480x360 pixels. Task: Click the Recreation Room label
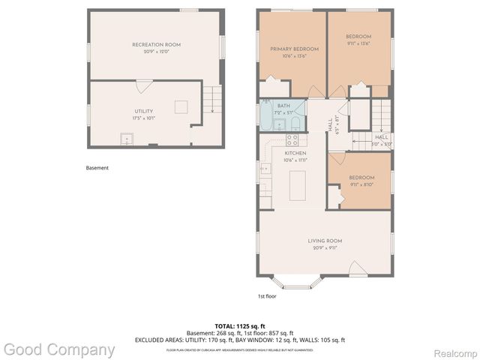tap(156, 45)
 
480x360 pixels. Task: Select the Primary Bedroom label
tap(294, 49)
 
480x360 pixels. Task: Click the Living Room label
tap(325, 241)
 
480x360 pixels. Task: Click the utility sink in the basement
tap(127, 139)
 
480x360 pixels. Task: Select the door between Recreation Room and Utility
tap(144, 85)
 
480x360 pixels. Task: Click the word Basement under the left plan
tap(97, 168)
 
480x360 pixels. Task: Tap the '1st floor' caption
tap(266, 295)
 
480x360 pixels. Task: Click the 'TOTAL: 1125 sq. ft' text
tap(239, 326)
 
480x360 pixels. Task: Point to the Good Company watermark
tap(58, 349)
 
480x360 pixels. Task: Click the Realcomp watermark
tap(453, 350)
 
